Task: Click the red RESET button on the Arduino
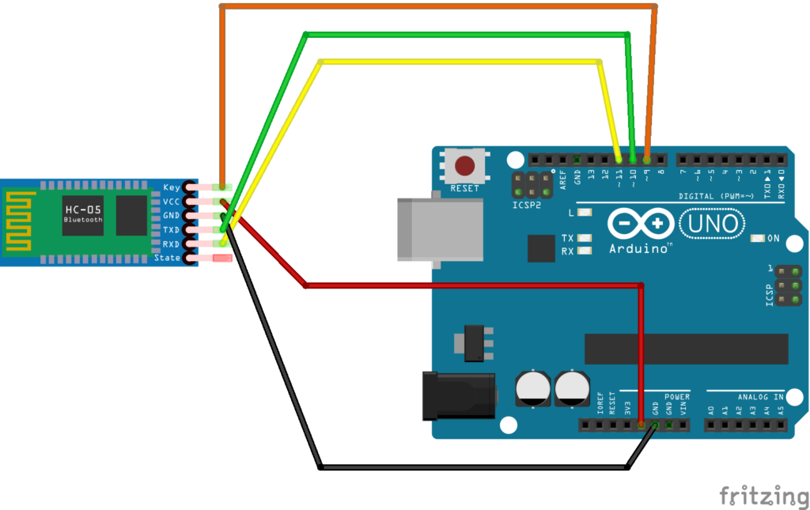pos(464,165)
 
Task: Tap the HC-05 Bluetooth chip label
pos(83,214)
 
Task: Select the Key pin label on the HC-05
pos(172,187)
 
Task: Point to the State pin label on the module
pos(168,258)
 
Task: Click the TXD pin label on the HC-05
pos(171,229)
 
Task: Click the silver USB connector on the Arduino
pos(439,229)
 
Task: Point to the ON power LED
pos(757,238)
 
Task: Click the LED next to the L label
pos(585,212)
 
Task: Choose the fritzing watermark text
pos(763,496)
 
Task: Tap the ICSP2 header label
pos(527,205)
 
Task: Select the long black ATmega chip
pos(686,349)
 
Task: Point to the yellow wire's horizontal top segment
pos(459,61)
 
